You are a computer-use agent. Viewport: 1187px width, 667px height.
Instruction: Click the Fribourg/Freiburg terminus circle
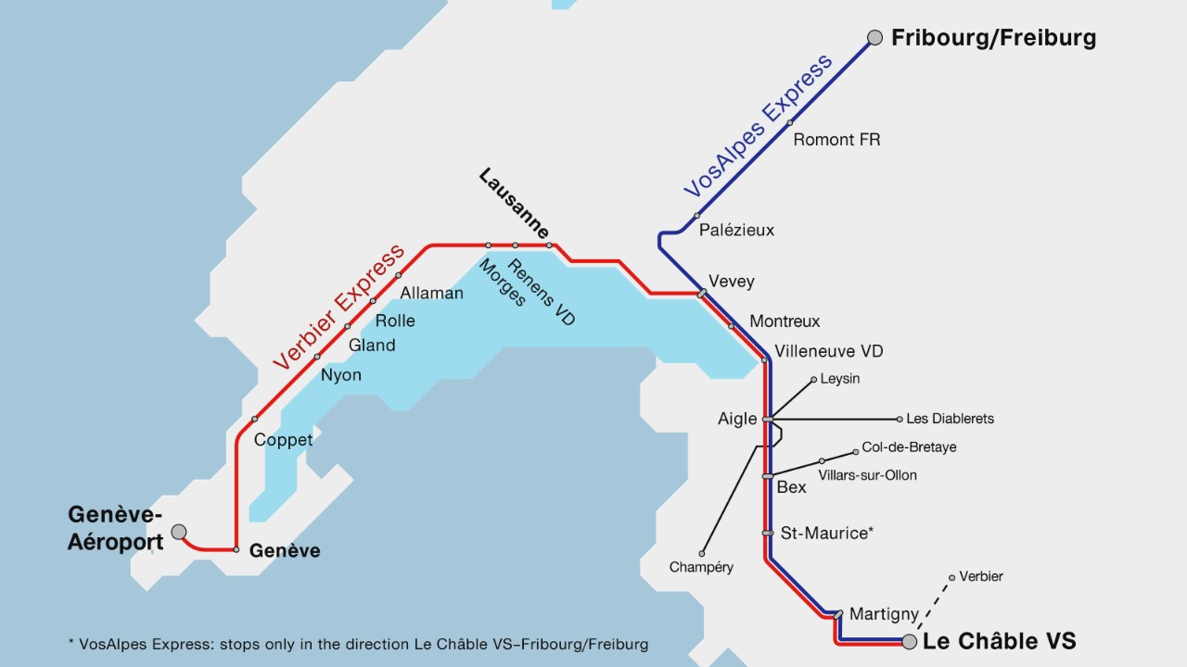point(874,38)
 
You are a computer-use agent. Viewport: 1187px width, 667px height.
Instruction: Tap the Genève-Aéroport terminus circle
point(179,532)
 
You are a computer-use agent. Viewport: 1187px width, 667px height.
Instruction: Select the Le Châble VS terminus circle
point(910,641)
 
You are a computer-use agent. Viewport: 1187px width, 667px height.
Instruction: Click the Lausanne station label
point(514,204)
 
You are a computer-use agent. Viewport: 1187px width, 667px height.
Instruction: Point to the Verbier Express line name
point(339,308)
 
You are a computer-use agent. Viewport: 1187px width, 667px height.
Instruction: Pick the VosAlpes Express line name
point(759,127)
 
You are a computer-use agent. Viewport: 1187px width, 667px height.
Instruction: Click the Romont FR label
point(836,140)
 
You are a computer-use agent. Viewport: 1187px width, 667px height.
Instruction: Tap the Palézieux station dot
point(697,216)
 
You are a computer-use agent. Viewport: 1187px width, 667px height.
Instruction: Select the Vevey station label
point(732,282)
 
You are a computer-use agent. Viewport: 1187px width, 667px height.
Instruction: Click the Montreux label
point(785,321)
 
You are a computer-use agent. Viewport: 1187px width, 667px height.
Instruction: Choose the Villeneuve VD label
point(829,351)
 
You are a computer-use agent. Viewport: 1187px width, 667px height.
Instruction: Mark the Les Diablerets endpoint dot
point(900,419)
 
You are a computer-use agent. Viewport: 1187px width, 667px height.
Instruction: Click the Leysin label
point(840,379)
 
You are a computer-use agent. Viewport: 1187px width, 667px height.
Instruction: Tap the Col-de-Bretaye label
point(909,447)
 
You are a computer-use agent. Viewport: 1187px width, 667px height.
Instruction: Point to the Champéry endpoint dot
point(702,554)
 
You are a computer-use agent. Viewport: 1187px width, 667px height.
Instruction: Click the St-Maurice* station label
point(827,533)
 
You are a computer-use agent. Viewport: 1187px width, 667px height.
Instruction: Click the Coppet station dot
point(255,419)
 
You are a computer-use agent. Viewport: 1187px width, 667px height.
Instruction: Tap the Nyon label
point(341,375)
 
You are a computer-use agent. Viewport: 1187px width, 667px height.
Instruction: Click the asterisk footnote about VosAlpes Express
point(358,643)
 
